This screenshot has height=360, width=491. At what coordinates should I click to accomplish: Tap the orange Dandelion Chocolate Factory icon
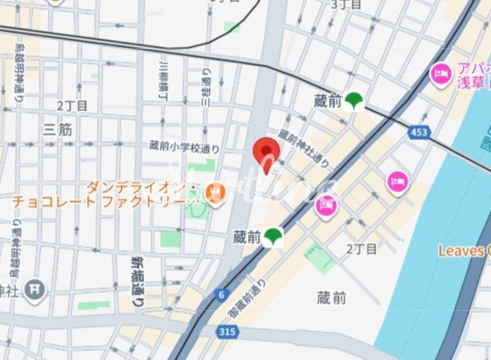215,192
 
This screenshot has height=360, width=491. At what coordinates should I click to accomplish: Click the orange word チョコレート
45,203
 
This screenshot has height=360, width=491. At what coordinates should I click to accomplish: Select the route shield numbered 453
417,134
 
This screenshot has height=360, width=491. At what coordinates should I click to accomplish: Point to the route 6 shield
220,294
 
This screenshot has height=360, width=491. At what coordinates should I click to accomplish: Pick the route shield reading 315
228,333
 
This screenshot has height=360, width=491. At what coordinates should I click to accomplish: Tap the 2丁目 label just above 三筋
72,105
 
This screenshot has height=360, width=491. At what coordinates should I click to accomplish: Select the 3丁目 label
346,5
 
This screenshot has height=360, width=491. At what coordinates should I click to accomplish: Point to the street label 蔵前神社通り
304,148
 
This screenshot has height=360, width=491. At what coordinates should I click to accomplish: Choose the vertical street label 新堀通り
138,283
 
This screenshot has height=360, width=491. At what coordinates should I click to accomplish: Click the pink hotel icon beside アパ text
441,72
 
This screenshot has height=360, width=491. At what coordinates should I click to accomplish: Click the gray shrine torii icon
34,290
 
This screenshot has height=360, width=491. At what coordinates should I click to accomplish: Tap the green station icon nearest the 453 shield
354,101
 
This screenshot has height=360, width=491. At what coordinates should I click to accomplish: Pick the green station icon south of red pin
273,237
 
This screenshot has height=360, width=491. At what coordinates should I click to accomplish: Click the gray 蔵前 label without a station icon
331,297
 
